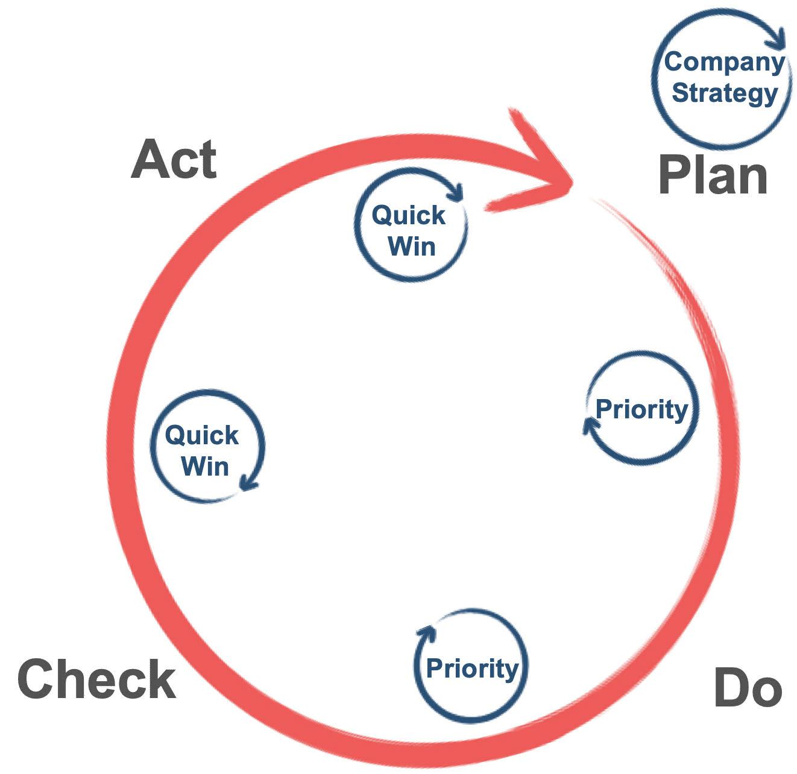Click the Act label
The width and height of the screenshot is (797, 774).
[x=174, y=159]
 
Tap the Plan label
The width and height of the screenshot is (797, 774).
[x=713, y=175]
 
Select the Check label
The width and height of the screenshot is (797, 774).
[x=97, y=679]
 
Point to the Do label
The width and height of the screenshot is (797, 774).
[x=748, y=687]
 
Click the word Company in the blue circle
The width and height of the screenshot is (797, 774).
[x=724, y=61]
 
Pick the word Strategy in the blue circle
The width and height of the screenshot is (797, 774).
[x=725, y=93]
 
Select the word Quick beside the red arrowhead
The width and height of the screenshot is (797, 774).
[x=408, y=215]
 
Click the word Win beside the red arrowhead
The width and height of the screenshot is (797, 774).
[x=412, y=246]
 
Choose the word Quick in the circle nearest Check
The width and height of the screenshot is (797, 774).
[x=201, y=435]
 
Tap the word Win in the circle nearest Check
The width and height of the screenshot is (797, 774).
[x=205, y=467]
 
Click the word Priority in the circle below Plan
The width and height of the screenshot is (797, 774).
[x=641, y=409]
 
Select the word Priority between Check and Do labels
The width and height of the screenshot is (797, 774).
[x=472, y=668]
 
